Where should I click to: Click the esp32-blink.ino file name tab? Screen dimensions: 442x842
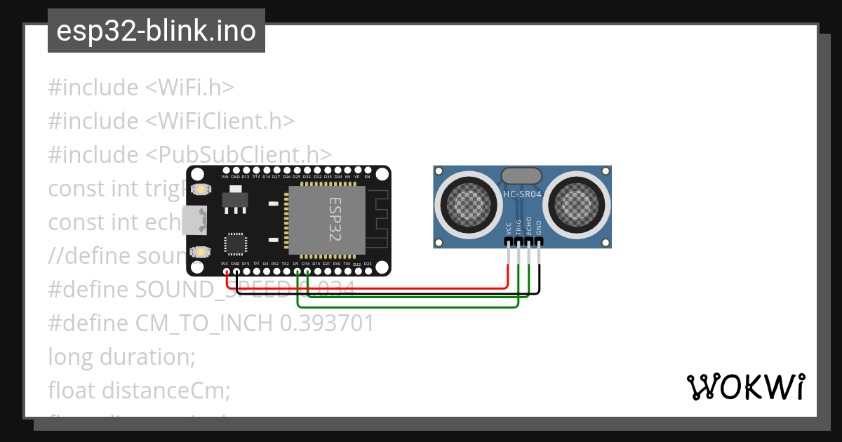(156, 31)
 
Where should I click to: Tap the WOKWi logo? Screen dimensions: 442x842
(745, 387)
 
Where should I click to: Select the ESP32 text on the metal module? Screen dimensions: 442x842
(335, 220)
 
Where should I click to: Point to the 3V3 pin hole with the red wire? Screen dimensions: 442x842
(225, 271)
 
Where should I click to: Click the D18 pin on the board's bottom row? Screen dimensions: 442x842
(307, 271)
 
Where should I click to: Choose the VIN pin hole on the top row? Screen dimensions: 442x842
(225, 170)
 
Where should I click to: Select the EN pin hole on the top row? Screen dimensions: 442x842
(368, 170)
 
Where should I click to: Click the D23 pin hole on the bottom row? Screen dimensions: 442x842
(368, 271)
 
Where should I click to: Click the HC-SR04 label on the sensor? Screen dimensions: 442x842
(523, 194)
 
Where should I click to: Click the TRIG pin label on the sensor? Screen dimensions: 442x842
(519, 227)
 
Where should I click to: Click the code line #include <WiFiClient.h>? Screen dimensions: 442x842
(171, 121)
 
